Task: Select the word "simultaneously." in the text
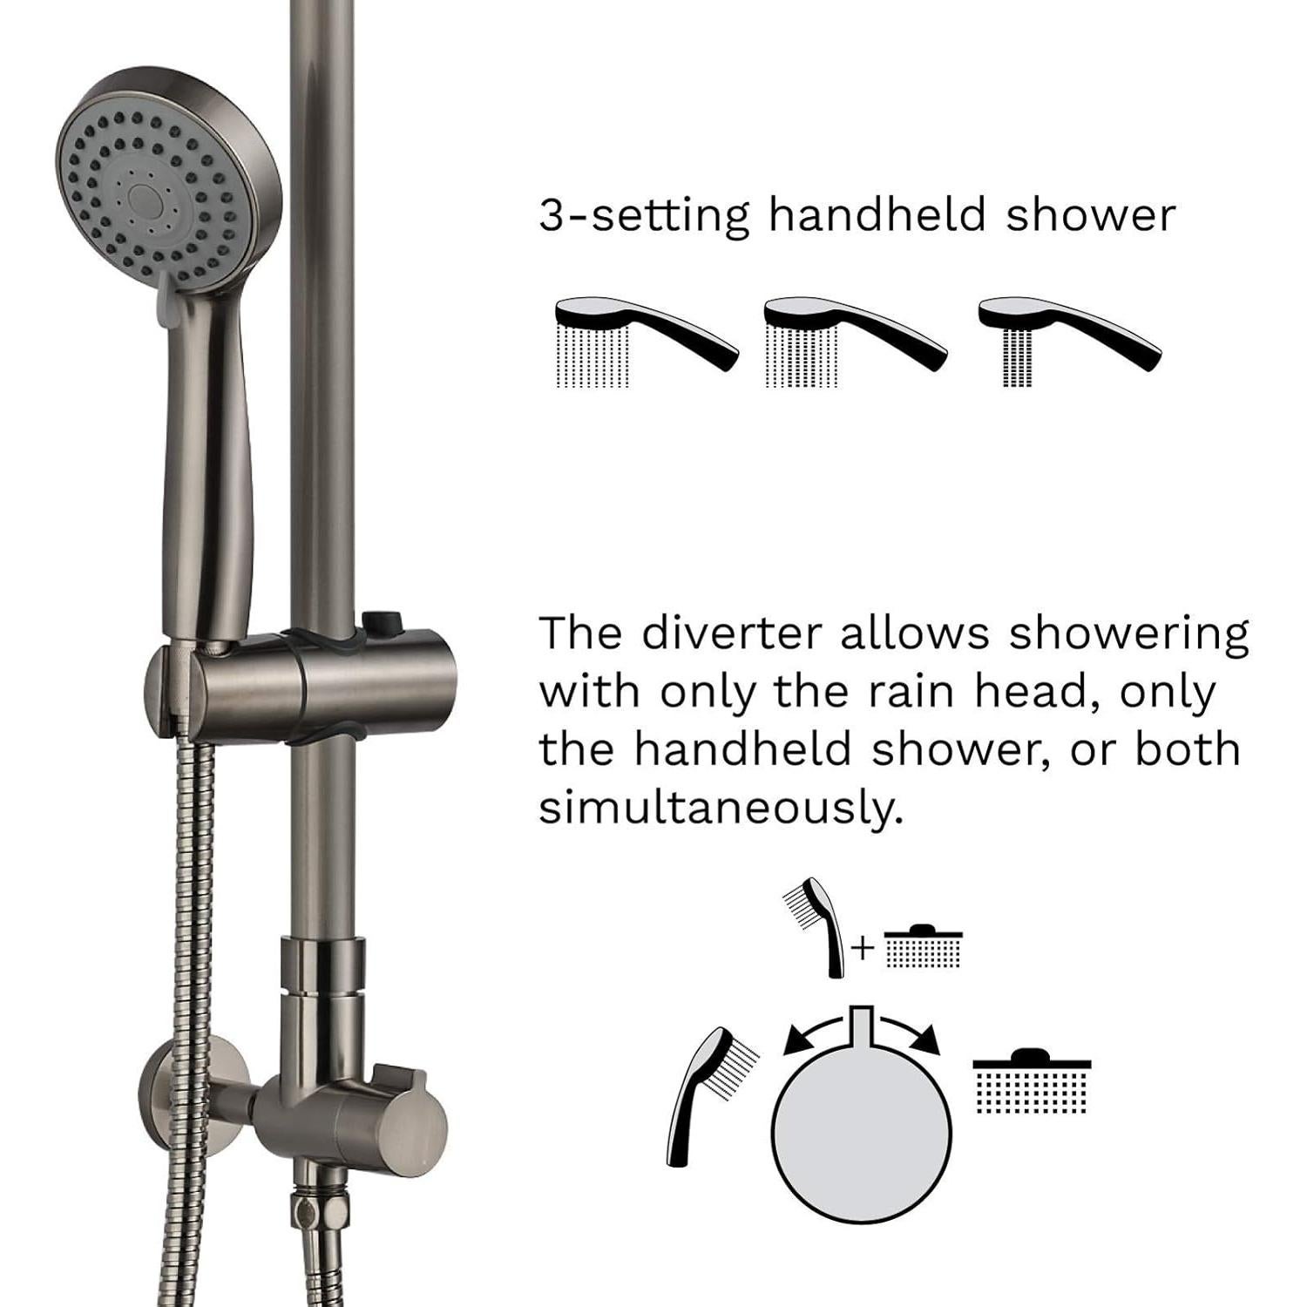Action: click(720, 808)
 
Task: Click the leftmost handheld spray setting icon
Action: click(645, 342)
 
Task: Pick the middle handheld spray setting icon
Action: click(854, 342)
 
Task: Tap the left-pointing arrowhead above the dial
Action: click(795, 1040)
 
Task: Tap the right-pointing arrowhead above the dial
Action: click(930, 1040)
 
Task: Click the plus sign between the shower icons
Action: click(862, 948)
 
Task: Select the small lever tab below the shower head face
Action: click(171, 301)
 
